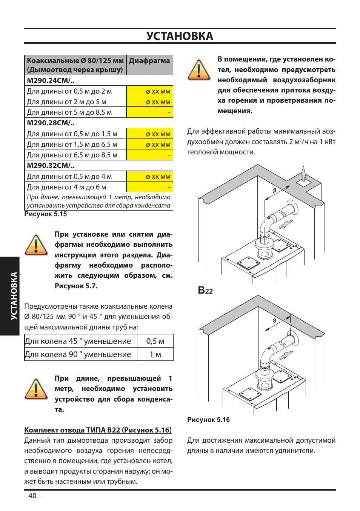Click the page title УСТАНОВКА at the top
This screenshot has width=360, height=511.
pyautogui.click(x=180, y=36)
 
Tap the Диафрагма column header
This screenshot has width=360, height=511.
pyautogui.click(x=149, y=61)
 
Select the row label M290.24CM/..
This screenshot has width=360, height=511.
pyautogui.click(x=51, y=80)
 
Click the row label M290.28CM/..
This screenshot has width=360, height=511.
pyautogui.click(x=51, y=123)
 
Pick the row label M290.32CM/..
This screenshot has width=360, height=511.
pyautogui.click(x=51, y=166)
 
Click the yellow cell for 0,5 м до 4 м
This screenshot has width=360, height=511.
pyautogui.click(x=150, y=176)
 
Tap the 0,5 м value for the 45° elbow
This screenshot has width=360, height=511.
pyautogui.click(x=155, y=341)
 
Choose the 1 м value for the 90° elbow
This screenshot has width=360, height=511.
pyautogui.click(x=155, y=354)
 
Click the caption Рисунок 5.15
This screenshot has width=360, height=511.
pyautogui.click(x=46, y=214)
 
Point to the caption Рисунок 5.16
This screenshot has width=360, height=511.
pyautogui.click(x=209, y=420)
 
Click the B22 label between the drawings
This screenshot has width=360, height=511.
pyautogui.click(x=205, y=290)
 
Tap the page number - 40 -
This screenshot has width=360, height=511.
pyautogui.click(x=32, y=496)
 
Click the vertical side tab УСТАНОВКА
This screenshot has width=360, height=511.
pyautogui.click(x=14, y=296)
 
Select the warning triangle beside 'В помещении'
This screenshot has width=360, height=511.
pyautogui.click(x=199, y=70)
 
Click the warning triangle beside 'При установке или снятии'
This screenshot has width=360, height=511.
pyautogui.click(x=36, y=245)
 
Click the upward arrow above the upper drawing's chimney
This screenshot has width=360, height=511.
pyautogui.click(x=303, y=174)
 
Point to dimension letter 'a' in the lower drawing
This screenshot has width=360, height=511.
pyautogui.click(x=274, y=320)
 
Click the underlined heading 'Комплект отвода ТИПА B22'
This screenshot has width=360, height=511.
pyautogui.click(x=98, y=430)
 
